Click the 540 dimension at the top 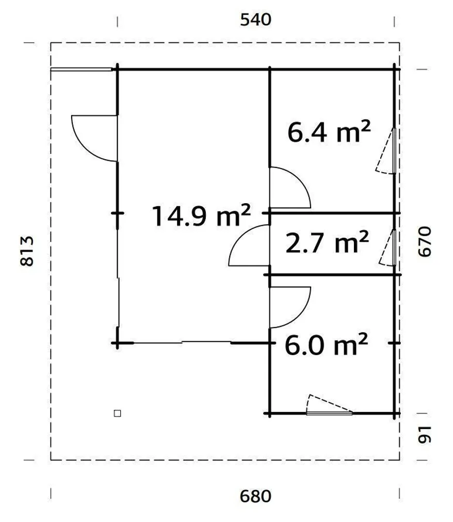click(x=255, y=20)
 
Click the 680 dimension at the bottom click(x=255, y=497)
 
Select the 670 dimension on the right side click(x=424, y=241)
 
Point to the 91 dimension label click(x=424, y=435)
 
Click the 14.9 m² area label click(x=201, y=216)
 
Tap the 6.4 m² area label click(x=329, y=132)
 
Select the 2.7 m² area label click(x=327, y=243)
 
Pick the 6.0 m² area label click(x=326, y=344)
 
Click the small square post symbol click(x=118, y=413)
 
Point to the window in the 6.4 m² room click(x=393, y=151)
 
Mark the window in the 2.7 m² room click(x=393, y=248)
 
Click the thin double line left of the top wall click(x=81, y=69)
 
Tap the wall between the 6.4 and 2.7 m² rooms click(x=333, y=213)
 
